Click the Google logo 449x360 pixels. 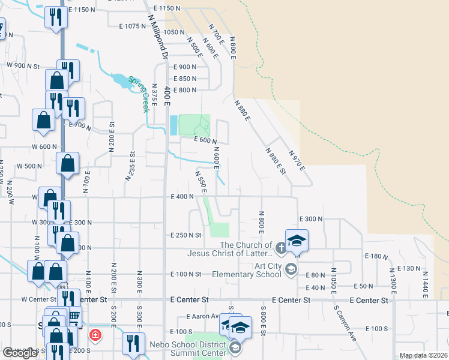coord(20,353)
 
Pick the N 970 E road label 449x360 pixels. coord(298,160)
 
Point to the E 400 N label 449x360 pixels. coord(182,197)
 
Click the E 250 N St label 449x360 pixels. coord(185,235)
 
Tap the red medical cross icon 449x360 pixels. coord(95,334)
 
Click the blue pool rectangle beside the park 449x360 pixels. coord(173,125)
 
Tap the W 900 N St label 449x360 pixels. coord(23,65)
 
